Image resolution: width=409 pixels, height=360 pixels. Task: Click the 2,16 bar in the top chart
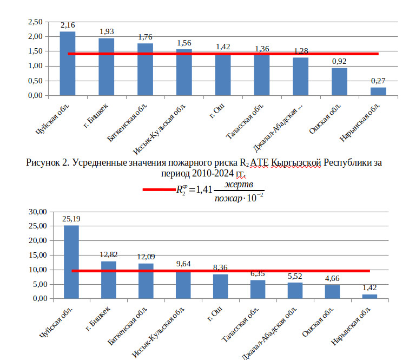point(68,64)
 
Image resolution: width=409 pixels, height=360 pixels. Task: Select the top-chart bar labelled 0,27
point(378,91)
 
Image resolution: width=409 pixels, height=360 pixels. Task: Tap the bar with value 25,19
point(71,262)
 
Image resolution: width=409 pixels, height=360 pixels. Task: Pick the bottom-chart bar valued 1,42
point(370,297)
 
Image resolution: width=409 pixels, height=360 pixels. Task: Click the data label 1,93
point(107,32)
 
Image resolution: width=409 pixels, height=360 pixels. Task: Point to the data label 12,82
point(109,255)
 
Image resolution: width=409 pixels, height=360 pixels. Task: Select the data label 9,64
point(183,264)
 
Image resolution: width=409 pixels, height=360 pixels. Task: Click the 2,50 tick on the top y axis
point(35,22)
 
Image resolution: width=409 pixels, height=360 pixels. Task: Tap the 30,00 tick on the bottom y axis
point(37,212)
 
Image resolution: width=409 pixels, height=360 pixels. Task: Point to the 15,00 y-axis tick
point(37,255)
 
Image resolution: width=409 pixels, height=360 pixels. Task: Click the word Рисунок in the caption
point(45,163)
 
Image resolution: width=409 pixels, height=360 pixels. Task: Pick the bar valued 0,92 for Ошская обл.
point(339,82)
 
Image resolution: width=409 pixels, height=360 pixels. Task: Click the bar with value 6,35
point(258,289)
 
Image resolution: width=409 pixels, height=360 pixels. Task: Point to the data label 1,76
point(146,37)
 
